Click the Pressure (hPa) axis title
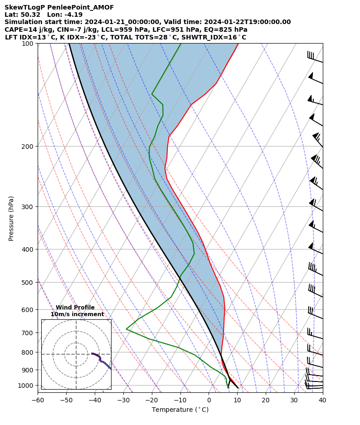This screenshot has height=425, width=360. (11, 218)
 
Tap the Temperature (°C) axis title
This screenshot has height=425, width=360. (180, 410)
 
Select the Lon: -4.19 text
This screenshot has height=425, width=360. (65, 15)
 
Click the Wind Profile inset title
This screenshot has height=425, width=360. (75, 308)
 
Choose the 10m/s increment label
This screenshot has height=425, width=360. (77, 314)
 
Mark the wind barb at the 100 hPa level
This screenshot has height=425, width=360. (315, 58)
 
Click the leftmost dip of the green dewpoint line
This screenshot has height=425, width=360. (126, 329)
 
